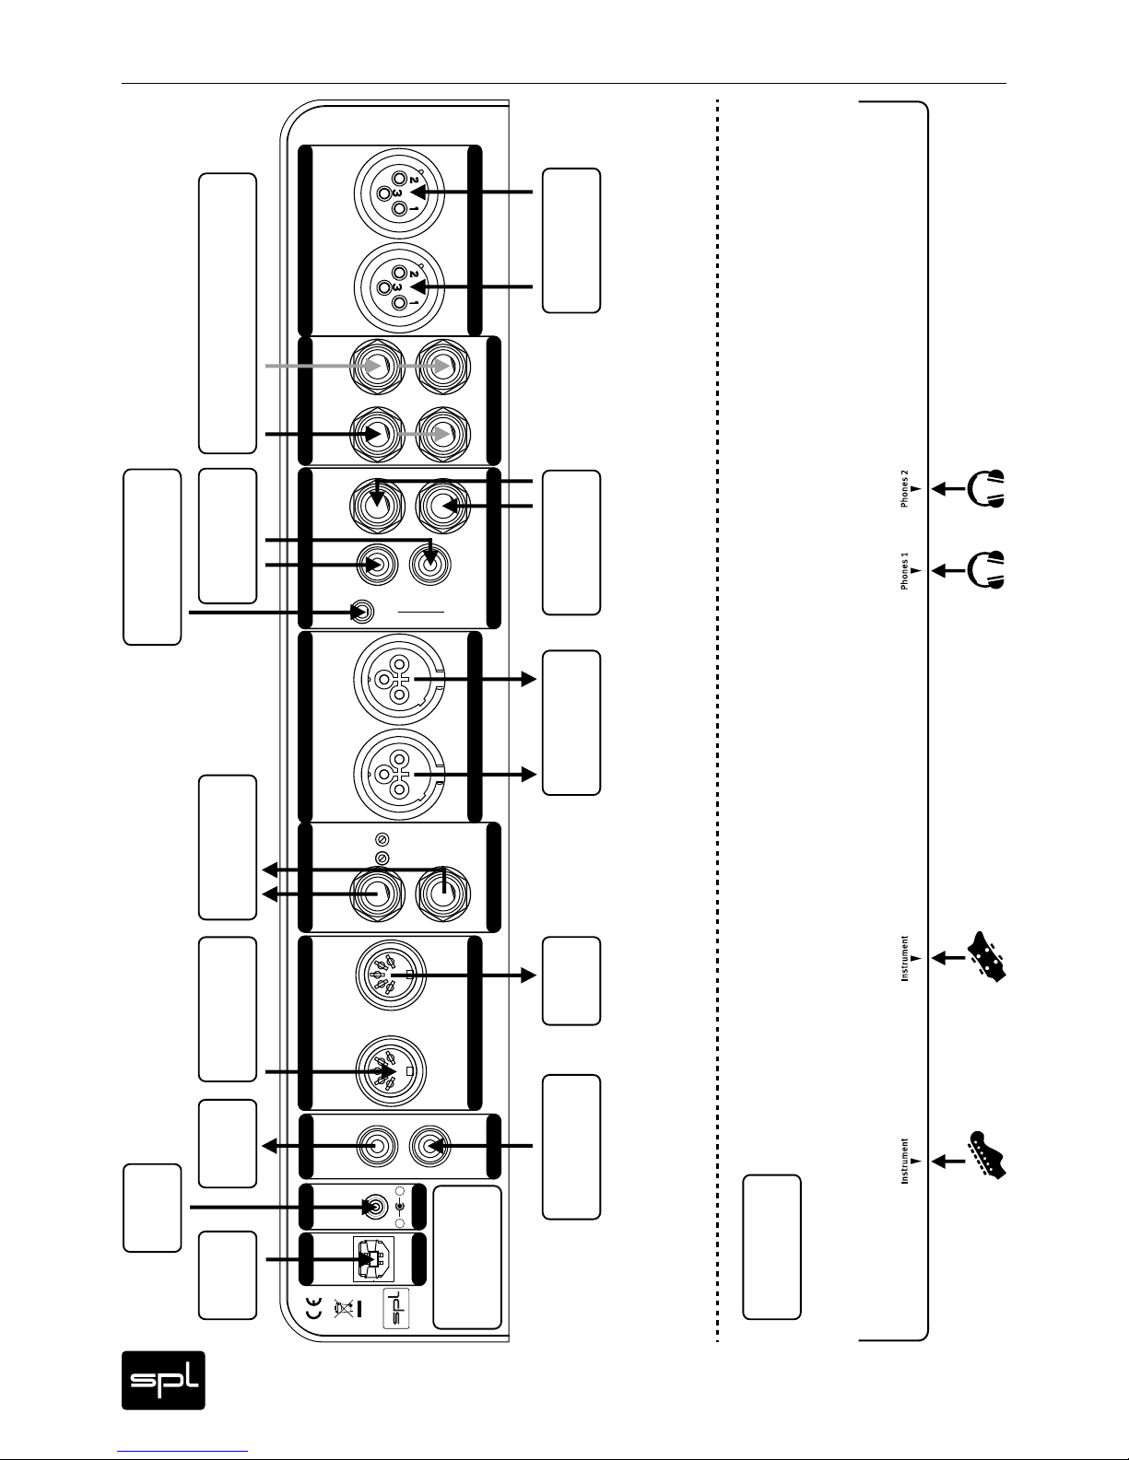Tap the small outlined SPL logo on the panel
pyautogui.click(x=396, y=1308)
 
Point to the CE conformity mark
pyautogui.click(x=314, y=1308)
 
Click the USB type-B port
pyautogui.click(x=373, y=1260)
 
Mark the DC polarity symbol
pyautogui.click(x=401, y=1208)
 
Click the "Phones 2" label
pyautogui.click(x=904, y=488)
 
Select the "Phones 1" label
pyautogui.click(x=904, y=571)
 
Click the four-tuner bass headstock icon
pyautogui.click(x=986, y=957)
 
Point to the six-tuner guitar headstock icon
pyautogui.click(x=986, y=1155)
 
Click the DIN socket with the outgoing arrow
pyautogui.click(x=391, y=975)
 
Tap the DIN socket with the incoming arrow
pyautogui.click(x=391, y=1070)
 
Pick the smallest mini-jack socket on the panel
pyautogui.click(x=362, y=613)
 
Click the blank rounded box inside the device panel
pyautogui.click(x=467, y=1257)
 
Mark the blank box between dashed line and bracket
pyautogui.click(x=771, y=1247)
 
